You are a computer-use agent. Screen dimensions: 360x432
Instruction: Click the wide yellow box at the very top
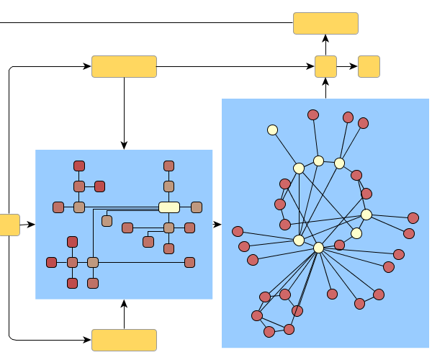[325, 23]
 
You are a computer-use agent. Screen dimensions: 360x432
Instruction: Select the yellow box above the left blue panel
[124, 66]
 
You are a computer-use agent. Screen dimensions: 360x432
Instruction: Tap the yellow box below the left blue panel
[124, 340]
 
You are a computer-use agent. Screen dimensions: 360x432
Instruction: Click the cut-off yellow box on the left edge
[9, 225]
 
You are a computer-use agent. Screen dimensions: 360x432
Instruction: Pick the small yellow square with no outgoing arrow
[369, 66]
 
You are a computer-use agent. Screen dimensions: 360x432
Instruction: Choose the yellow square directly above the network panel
[325, 66]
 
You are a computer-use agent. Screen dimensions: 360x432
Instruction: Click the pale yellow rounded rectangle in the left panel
[168, 207]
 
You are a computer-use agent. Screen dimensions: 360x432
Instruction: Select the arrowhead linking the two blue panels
[217, 225]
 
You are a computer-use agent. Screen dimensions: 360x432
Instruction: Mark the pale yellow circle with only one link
[272, 130]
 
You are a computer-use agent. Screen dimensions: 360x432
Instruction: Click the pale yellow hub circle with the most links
[318, 248]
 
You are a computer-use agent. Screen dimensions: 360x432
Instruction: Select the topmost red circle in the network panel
[313, 114]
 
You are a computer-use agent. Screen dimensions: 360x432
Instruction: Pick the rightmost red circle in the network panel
[413, 217]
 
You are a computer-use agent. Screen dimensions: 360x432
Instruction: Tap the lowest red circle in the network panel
[269, 332]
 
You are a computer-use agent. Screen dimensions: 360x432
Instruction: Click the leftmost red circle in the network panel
[238, 231]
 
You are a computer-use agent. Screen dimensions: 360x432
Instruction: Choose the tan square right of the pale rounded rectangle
[196, 207]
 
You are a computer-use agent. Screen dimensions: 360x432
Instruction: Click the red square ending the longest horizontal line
[189, 262]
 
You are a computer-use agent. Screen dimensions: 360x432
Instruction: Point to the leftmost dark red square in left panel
[51, 262]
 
